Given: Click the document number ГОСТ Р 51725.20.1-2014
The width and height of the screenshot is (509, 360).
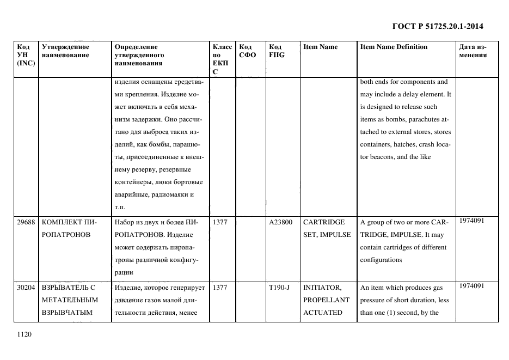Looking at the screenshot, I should tap(438, 26).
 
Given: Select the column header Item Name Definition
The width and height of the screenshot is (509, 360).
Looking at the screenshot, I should tap(394, 47).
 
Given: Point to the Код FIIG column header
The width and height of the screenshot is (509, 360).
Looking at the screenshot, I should tap(277, 51).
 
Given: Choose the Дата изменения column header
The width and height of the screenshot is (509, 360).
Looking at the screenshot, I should tap(473, 51).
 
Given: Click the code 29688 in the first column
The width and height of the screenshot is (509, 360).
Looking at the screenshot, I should tap(26, 222).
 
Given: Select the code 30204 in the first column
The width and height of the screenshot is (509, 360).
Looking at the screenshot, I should tap(26, 288).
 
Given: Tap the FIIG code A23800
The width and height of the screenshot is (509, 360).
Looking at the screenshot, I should tap(281, 222).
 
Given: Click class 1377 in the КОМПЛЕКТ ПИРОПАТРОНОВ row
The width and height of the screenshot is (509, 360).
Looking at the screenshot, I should tap(220, 222).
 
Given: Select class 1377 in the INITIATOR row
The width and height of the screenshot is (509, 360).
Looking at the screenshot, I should tap(220, 288).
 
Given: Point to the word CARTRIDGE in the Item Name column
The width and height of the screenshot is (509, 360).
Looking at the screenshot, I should tap(324, 222).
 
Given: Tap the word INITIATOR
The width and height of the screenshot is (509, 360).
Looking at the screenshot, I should tap(322, 288).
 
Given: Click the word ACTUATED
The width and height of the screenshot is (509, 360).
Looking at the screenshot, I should tap(323, 313).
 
